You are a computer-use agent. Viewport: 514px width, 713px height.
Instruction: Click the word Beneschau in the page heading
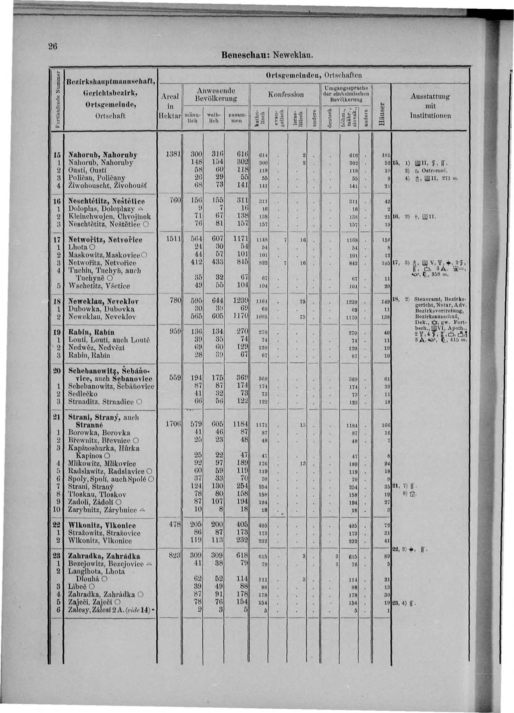[x=245, y=56]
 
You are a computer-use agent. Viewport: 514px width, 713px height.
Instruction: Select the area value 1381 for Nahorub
[x=173, y=155]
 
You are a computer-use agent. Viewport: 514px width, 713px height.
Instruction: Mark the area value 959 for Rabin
[x=174, y=332]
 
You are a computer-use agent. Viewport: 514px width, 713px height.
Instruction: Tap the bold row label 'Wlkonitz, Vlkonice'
[x=102, y=525]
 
